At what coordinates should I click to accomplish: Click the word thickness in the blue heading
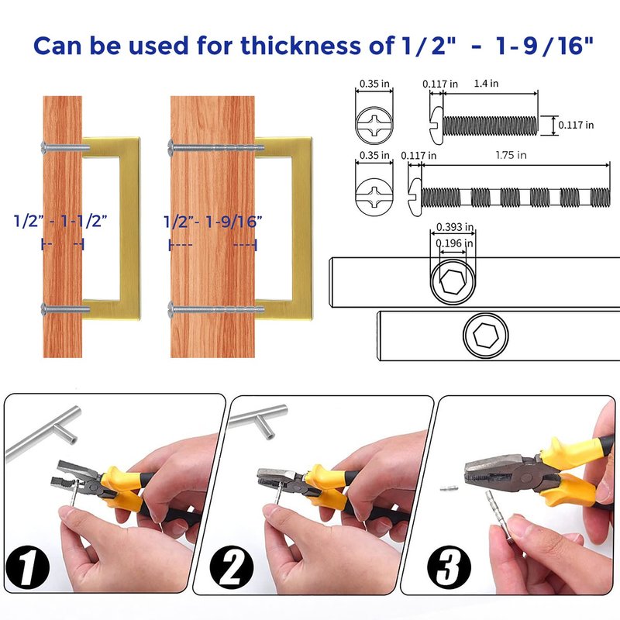(301, 45)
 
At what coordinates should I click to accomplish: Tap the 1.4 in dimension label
(486, 84)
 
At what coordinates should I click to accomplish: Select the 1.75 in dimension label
(511, 155)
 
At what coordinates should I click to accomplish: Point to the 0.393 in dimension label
(455, 227)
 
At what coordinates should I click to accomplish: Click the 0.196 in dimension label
(454, 243)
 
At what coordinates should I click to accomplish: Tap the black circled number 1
(27, 567)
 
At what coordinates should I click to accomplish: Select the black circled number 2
(231, 567)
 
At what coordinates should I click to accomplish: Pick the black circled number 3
(449, 567)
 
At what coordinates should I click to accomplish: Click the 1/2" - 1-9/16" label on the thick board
(213, 222)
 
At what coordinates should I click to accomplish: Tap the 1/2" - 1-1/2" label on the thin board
(60, 221)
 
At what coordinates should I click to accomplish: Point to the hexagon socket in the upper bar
(453, 282)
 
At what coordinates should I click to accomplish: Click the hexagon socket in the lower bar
(486, 336)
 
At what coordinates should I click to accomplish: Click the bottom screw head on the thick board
(171, 308)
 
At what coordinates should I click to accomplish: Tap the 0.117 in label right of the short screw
(576, 125)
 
